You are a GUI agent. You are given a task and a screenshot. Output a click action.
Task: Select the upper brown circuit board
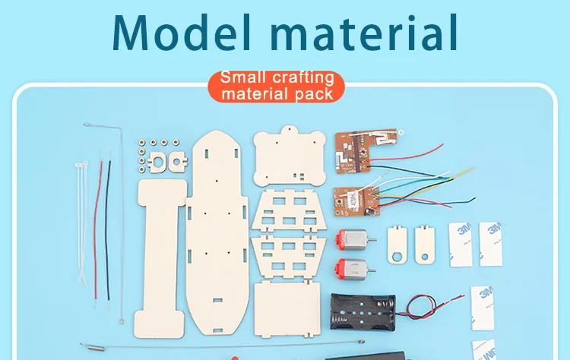coord(366,147)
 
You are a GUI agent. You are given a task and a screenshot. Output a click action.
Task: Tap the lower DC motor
coord(349,269)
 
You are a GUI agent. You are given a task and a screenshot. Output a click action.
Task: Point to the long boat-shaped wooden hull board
coord(219,235)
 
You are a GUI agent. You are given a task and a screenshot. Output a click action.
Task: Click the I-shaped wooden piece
coord(160,251)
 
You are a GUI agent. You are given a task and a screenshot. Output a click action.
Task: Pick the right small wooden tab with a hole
coord(423,244)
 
